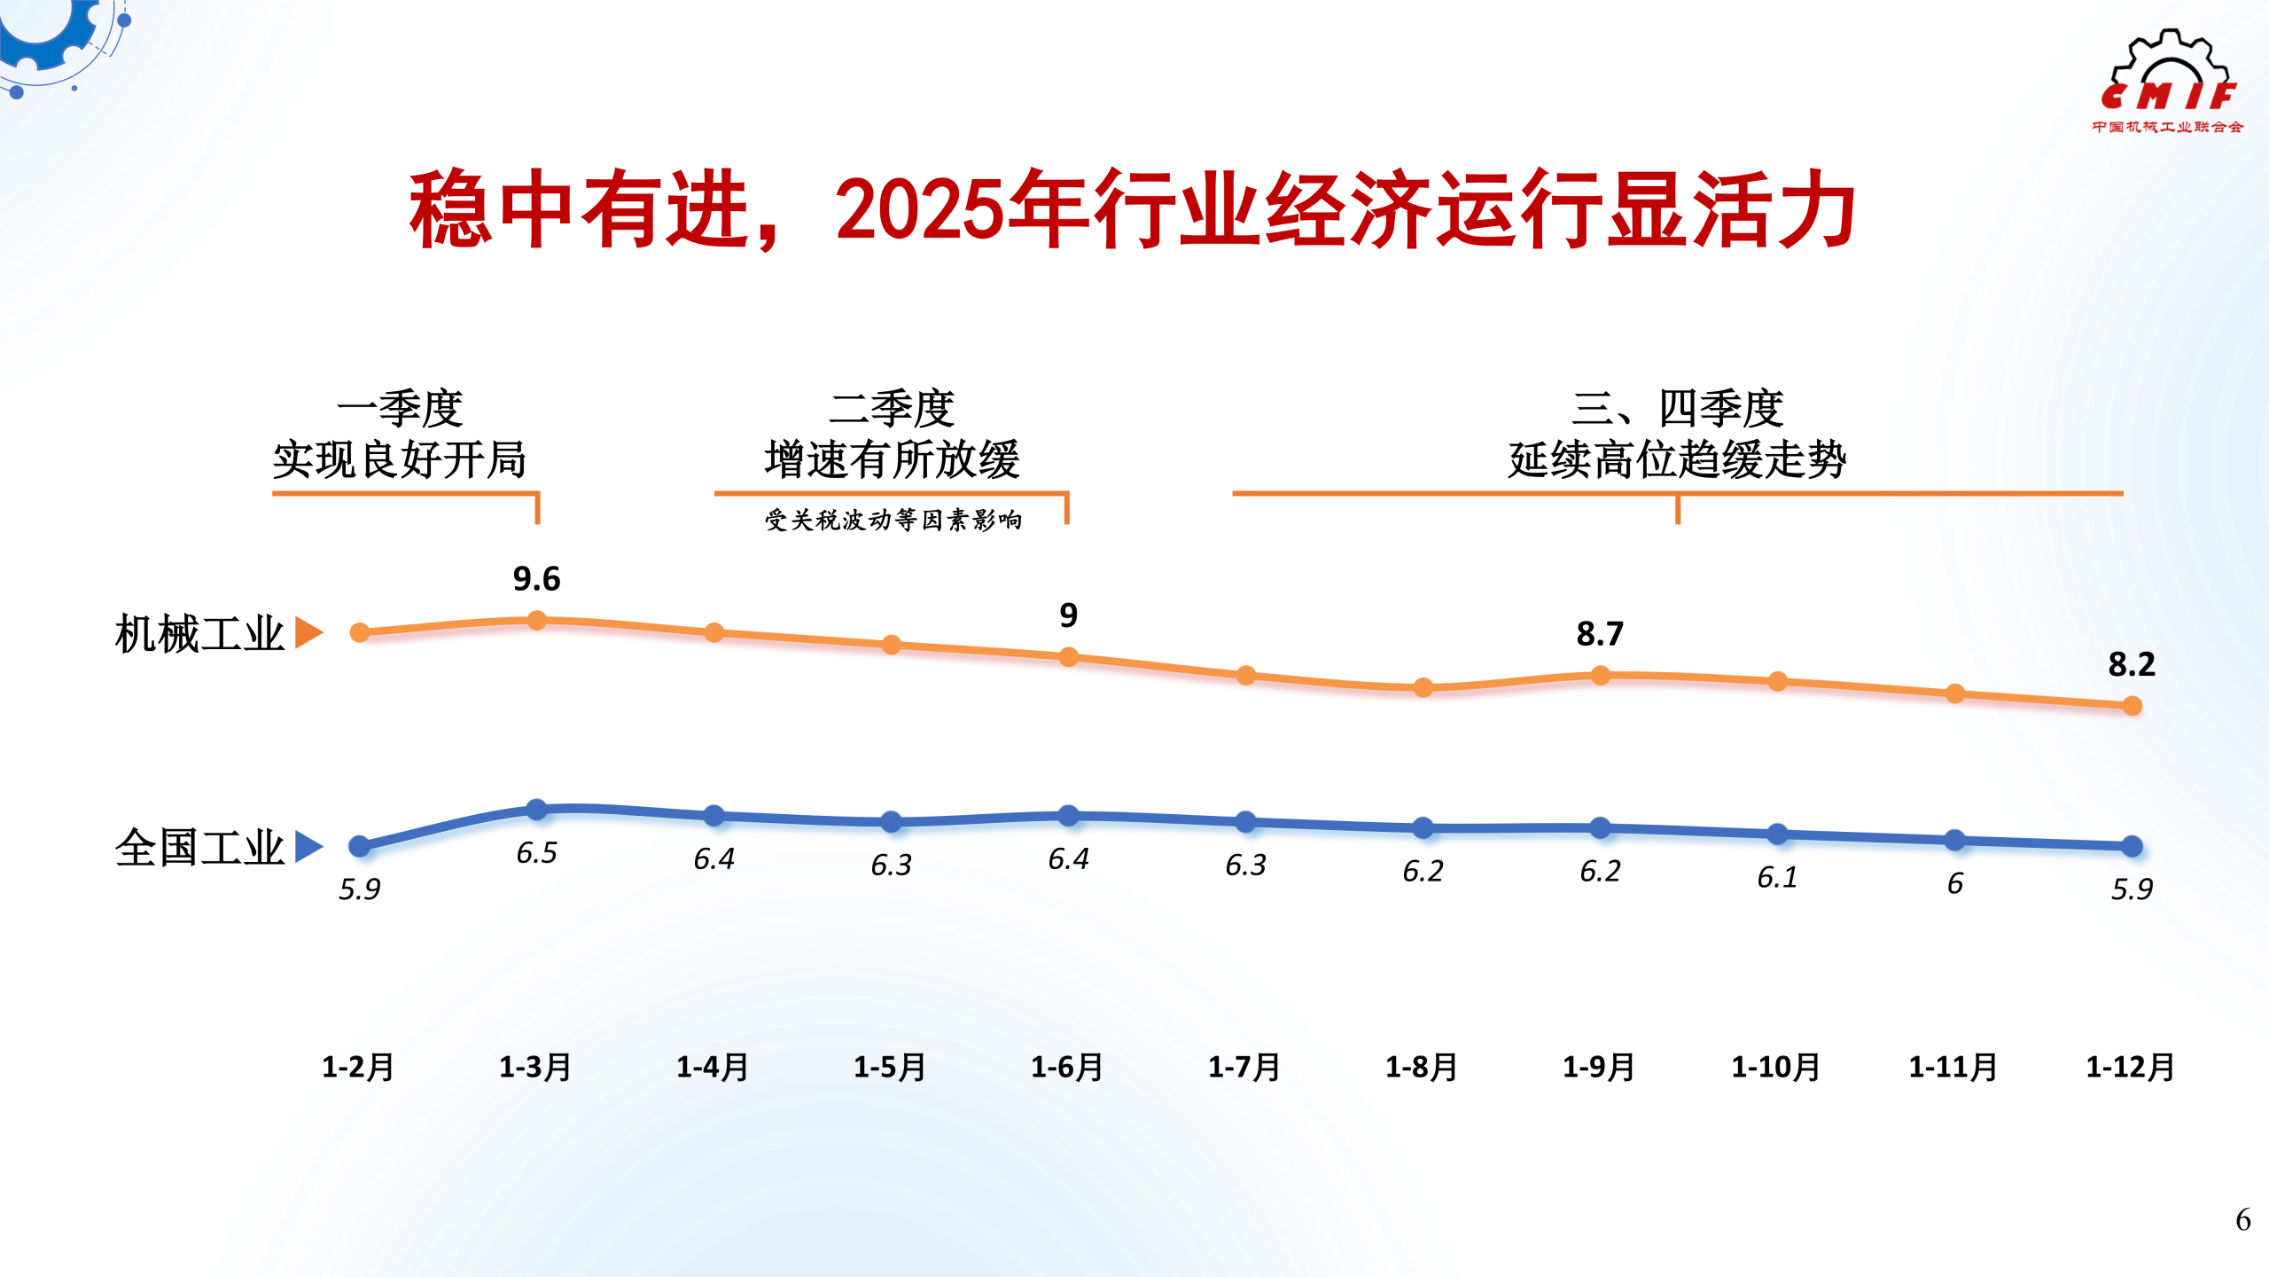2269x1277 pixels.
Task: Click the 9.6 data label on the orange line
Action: pos(536,579)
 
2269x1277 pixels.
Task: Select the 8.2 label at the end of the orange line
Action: pos(2131,664)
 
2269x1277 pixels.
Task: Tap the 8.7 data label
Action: pos(1600,634)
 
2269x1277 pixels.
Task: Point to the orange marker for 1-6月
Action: pos(1069,657)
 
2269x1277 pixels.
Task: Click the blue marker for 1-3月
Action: pos(536,809)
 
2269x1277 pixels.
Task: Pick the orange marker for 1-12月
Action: pos(2132,706)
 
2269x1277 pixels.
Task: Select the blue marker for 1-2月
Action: pos(359,846)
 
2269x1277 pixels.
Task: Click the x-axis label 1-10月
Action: pos(1776,1067)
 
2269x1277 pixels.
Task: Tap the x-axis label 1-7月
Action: pos(1244,1067)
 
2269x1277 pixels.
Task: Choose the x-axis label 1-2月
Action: pos(358,1067)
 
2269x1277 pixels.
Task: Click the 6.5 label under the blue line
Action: pos(536,853)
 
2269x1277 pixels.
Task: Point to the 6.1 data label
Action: pos(1777,877)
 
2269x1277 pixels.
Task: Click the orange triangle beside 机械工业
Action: pos(308,633)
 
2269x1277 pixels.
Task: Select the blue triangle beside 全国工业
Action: pos(308,846)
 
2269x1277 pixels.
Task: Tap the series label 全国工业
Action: pos(199,848)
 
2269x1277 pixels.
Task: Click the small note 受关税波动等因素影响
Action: pos(893,520)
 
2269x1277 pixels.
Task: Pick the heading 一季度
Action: pos(400,409)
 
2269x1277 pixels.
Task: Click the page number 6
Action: pos(2242,1220)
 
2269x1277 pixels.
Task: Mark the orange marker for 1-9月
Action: pos(1600,676)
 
